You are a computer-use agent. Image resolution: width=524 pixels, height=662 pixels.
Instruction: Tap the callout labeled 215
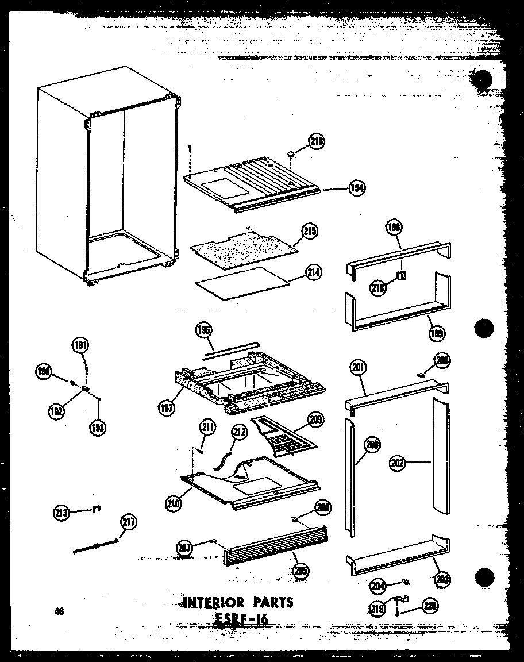tap(310, 232)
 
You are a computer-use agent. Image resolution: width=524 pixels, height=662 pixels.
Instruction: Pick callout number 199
tap(438, 332)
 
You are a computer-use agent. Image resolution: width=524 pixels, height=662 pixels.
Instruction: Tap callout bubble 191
tap(80, 345)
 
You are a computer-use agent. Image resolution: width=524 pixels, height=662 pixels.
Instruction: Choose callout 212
tap(238, 431)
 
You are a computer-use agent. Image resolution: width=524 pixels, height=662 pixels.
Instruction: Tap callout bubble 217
tap(129, 522)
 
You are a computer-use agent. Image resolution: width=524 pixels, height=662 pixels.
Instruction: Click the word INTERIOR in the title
tap(215, 602)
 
